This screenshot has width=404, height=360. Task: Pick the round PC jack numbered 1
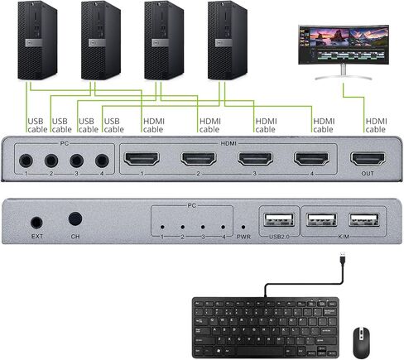[x=26, y=161]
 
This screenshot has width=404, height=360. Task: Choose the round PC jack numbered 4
[x=103, y=161]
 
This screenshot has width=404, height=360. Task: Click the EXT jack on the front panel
[x=37, y=222]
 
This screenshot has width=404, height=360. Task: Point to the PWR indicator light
[x=243, y=227]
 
